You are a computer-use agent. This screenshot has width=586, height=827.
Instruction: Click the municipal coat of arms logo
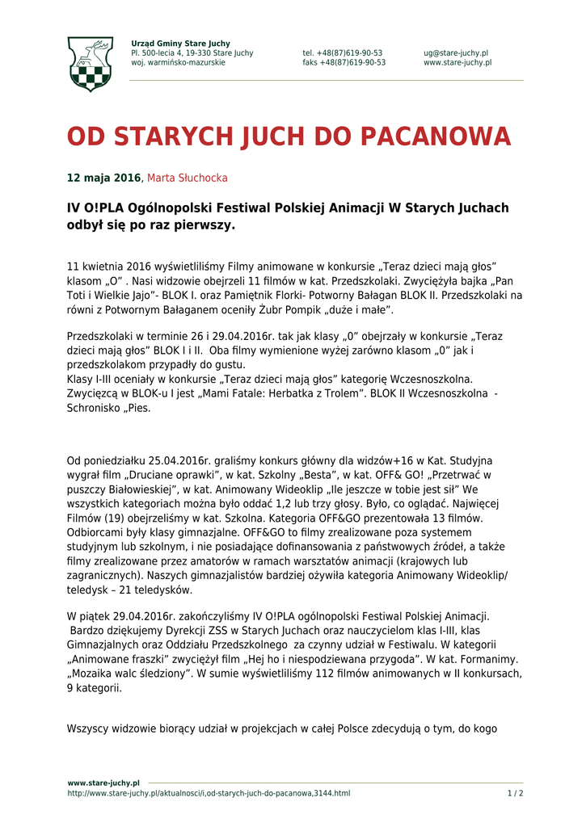(x=90, y=63)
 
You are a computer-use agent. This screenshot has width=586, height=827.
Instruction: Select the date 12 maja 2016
(x=103, y=178)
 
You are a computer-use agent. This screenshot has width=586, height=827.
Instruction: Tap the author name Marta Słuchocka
(x=187, y=178)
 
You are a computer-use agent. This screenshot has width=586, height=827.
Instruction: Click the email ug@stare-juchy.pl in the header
(x=455, y=53)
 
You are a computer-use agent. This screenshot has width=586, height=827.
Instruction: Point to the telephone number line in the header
(x=343, y=53)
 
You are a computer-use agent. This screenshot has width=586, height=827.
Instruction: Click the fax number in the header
(x=344, y=63)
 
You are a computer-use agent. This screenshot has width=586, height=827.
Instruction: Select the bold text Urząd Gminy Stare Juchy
(x=180, y=44)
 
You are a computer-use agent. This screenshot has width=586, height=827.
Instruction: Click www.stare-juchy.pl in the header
(x=457, y=63)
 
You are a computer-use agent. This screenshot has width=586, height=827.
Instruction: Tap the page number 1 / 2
(x=515, y=793)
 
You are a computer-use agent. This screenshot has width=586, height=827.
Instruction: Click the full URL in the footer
(x=209, y=793)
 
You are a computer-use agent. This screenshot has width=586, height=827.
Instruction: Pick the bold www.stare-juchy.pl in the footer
(x=103, y=783)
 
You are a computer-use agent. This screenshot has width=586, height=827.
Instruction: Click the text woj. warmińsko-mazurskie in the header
(x=178, y=63)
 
